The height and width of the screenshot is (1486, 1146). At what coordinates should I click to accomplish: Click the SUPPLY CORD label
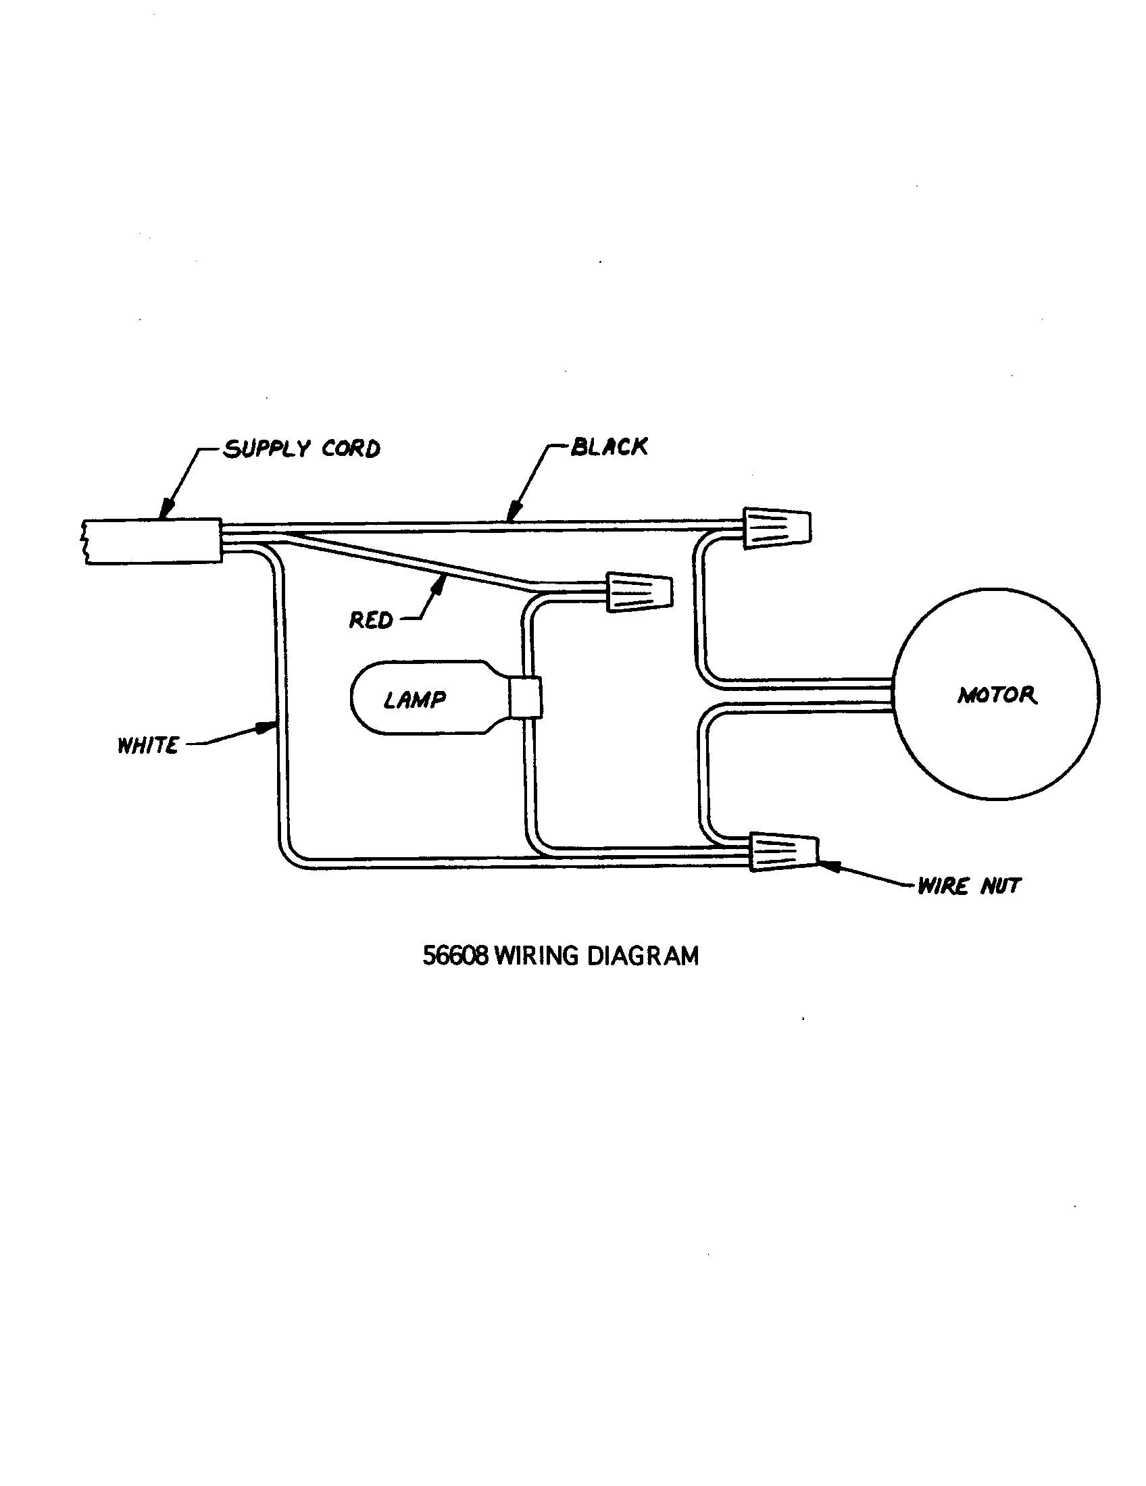click(x=301, y=449)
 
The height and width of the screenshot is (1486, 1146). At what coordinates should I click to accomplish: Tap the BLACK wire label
click(x=609, y=447)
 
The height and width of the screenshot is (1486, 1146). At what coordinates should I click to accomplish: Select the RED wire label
click(x=371, y=620)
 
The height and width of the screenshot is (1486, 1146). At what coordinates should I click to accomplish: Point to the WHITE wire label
click(x=148, y=746)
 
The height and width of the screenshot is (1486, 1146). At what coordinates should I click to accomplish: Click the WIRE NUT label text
click(x=968, y=886)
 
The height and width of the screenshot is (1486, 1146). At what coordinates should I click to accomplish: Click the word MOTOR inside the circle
click(x=997, y=694)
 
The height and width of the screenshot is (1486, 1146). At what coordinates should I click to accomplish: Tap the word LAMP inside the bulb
click(x=414, y=700)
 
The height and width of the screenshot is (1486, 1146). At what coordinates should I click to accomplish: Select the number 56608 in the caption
click(x=455, y=956)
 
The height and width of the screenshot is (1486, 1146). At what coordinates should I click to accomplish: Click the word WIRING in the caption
click(x=536, y=956)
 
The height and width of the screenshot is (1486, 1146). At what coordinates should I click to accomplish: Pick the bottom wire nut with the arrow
click(x=783, y=851)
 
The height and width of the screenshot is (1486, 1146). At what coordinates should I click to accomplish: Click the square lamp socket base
click(x=526, y=697)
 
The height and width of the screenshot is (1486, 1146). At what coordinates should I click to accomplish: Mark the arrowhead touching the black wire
click(x=515, y=510)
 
